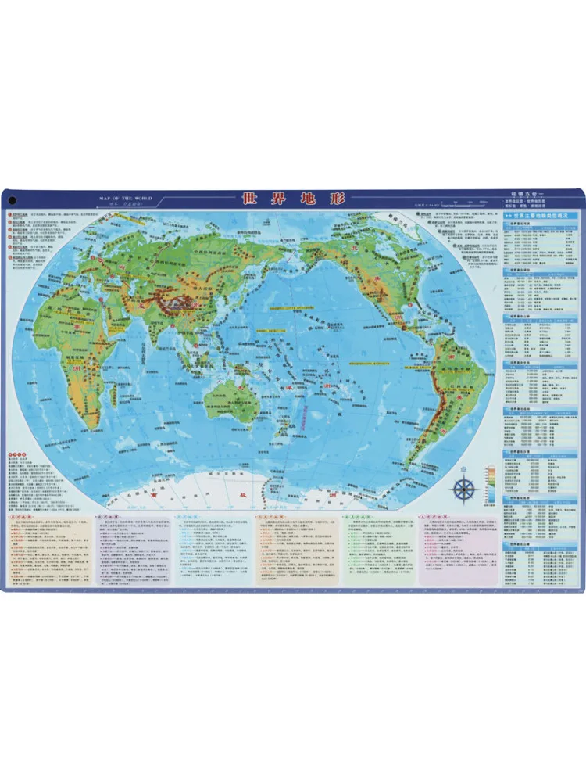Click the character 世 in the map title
pyautogui.click(x=249, y=199)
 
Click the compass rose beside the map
pyautogui.click(x=465, y=489)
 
